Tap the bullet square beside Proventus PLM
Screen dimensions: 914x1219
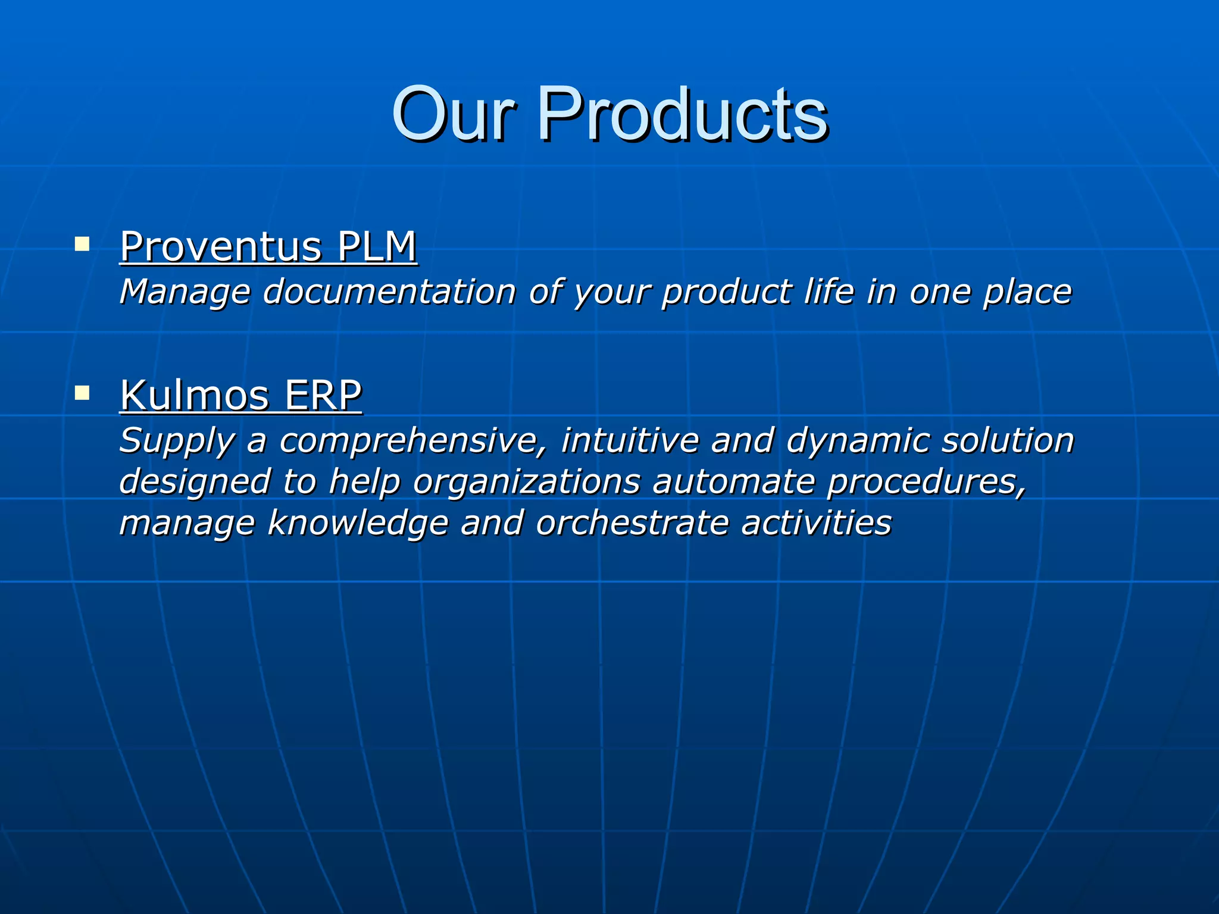[82, 244]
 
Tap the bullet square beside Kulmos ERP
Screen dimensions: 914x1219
[82, 393]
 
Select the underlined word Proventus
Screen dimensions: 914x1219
[221, 246]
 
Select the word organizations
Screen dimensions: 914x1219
[527, 482]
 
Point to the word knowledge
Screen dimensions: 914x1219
[357, 524]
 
